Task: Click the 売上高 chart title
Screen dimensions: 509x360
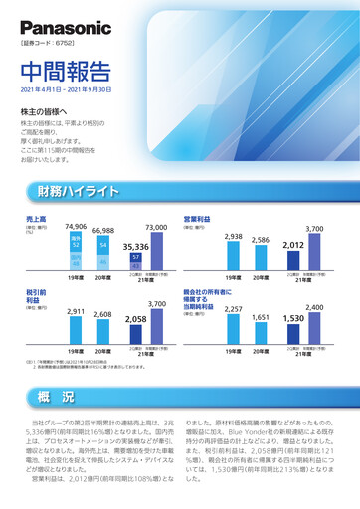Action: pyautogui.click(x=36, y=217)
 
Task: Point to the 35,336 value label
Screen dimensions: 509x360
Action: pyautogui.click(x=135, y=245)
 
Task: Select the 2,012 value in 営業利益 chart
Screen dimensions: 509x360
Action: pyautogui.click(x=292, y=244)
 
